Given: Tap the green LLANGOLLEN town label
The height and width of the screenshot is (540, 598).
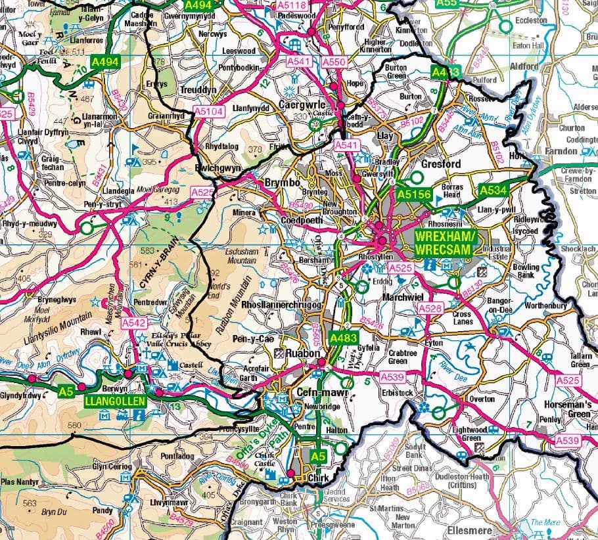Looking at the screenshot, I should pos(109,399).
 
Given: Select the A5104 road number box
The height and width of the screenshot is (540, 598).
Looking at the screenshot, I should pos(209,112).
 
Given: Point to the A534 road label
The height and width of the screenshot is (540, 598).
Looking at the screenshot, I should pos(494,190).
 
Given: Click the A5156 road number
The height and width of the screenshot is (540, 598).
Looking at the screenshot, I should pos(413,194).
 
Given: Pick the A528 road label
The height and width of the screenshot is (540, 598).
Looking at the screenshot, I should pos(430,309).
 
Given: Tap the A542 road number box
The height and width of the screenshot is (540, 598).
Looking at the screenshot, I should pos(133,323).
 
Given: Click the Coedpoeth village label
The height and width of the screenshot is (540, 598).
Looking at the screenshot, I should pos(301,221).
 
